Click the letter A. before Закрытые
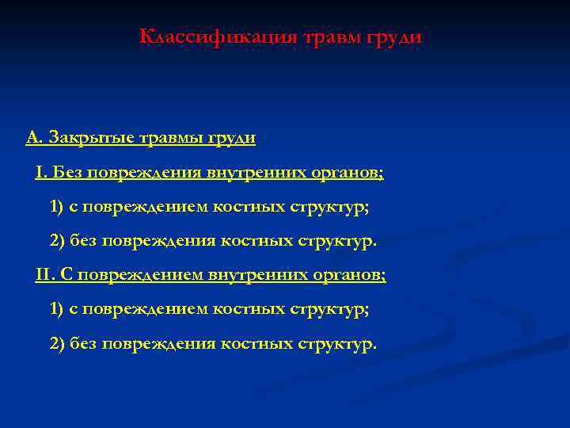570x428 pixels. (x=34, y=138)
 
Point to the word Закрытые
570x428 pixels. (x=90, y=139)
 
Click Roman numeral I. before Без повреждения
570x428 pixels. (x=40, y=172)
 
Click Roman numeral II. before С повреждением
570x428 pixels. (x=45, y=275)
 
